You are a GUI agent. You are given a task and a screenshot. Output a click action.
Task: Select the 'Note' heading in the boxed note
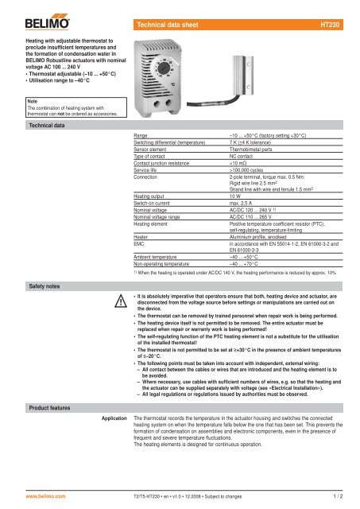click(x=10, y=101)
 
